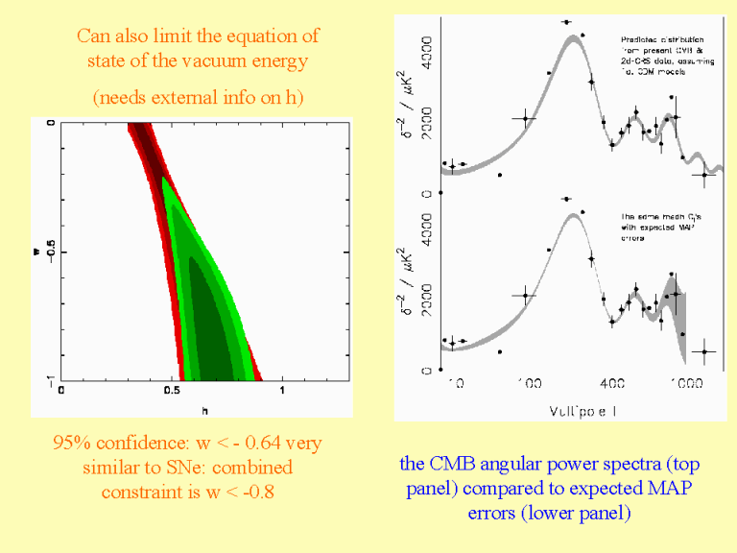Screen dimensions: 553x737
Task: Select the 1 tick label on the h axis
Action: (x=282, y=391)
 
